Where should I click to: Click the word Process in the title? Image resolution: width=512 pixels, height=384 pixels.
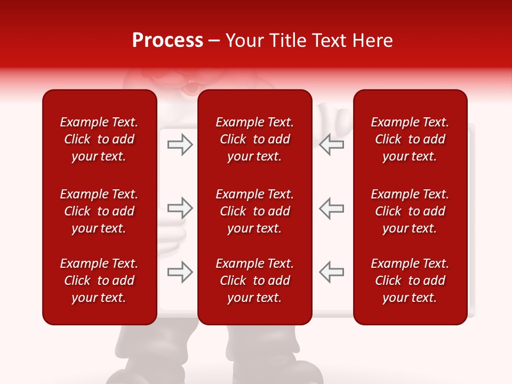[x=167, y=41]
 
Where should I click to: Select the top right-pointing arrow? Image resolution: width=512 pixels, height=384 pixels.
[x=180, y=145]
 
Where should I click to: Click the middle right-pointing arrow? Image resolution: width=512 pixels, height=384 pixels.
[x=180, y=208]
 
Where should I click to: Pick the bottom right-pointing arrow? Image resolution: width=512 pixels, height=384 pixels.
[x=180, y=271]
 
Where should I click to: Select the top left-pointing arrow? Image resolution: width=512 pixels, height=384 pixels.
[x=332, y=145]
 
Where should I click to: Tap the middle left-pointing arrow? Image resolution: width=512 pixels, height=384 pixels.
[x=332, y=208]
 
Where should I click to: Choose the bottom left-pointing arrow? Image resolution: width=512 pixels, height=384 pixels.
[x=332, y=271]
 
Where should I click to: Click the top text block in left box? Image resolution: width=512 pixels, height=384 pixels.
[x=99, y=139]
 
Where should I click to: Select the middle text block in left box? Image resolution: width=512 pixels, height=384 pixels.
[x=99, y=211]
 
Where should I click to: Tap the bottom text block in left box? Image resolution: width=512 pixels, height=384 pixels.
[x=99, y=281]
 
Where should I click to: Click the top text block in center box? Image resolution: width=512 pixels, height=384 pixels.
[x=254, y=139]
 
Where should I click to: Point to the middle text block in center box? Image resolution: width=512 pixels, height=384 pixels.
[x=254, y=211]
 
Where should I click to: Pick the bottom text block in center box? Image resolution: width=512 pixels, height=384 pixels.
[x=254, y=281]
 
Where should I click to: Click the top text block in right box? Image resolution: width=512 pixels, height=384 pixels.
[x=410, y=139]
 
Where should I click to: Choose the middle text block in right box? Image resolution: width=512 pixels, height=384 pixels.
[x=410, y=211]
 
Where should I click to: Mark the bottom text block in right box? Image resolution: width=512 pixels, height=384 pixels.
[x=410, y=281]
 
